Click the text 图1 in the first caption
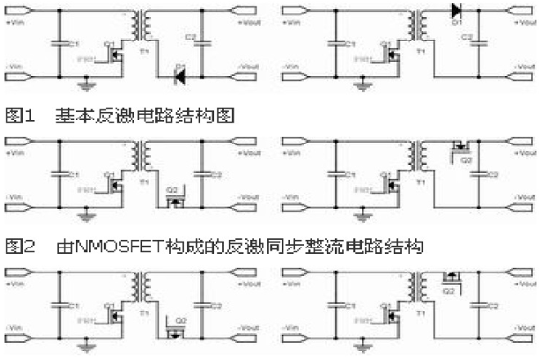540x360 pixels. click(17, 117)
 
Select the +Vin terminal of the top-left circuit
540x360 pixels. click(18, 11)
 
